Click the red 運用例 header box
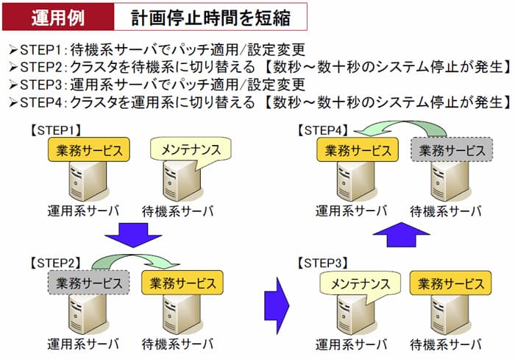[x=60, y=16]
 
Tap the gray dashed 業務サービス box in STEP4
[x=450, y=150]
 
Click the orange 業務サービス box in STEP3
[x=450, y=282]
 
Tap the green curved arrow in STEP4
[x=402, y=129]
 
